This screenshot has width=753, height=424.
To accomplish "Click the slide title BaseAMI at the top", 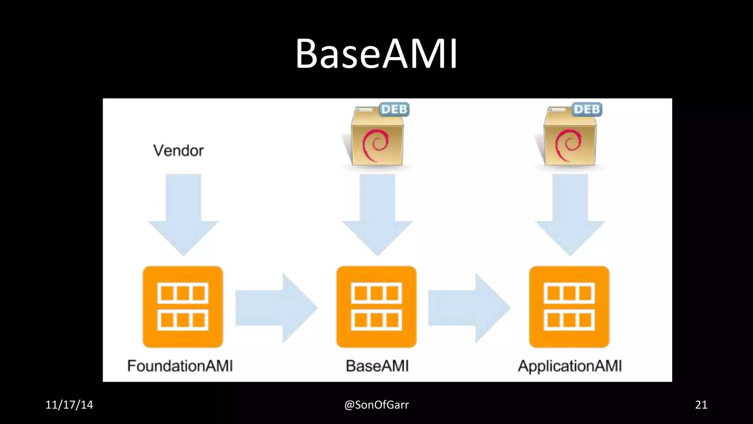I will coord(376,54).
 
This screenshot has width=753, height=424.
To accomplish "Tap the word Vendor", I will coord(178,151).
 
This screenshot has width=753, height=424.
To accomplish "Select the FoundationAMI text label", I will coord(180,366).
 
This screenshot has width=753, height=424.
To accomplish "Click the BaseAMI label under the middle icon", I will coord(377,366).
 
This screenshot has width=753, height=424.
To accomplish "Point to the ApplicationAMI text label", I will coord(570,366).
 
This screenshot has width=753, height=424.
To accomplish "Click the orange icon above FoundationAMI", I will coord(183,307).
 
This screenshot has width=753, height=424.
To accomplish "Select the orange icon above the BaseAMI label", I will coord(376,307).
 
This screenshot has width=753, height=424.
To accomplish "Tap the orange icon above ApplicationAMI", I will coord(569,307).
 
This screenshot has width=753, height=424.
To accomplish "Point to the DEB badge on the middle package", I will coord(394,109).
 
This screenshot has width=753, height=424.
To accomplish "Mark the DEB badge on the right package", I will coord(587,109).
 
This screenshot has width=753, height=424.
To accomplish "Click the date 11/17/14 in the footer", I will coord(69,405).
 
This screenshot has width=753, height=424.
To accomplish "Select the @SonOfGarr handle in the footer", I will coord(376,405).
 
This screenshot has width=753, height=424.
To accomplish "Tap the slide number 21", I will coord(701,405).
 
